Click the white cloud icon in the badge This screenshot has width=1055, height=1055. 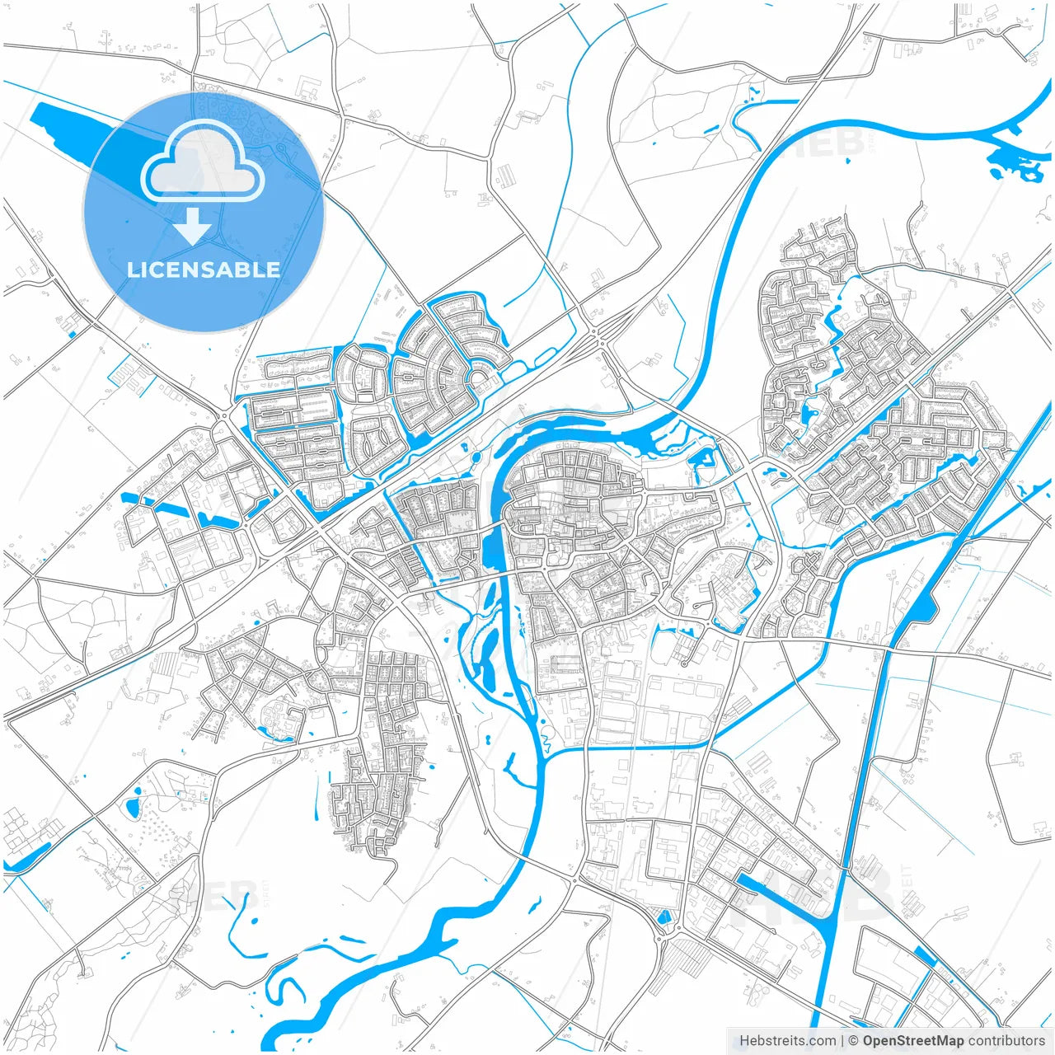[203, 164]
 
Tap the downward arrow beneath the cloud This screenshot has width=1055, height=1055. [193, 225]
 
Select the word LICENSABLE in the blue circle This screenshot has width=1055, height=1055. [204, 270]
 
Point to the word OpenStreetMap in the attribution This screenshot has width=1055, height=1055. [913, 1041]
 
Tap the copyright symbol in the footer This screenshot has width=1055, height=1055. [854, 1041]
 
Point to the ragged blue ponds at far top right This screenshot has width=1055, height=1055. [1014, 165]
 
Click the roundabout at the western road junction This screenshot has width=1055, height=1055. [223, 417]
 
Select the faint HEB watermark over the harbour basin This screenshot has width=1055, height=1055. [857, 890]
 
